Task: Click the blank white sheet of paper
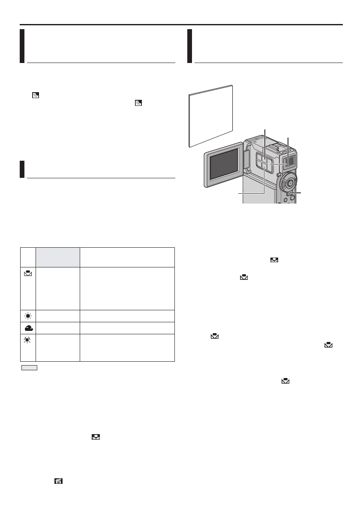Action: point(211,116)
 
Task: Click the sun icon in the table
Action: point(28,316)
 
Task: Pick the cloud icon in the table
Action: point(28,328)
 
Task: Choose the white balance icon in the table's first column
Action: point(28,272)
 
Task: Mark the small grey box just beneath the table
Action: point(30,367)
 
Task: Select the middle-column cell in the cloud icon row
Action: point(57,328)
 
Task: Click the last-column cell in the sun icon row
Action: point(127,316)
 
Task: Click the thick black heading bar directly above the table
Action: point(22,169)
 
